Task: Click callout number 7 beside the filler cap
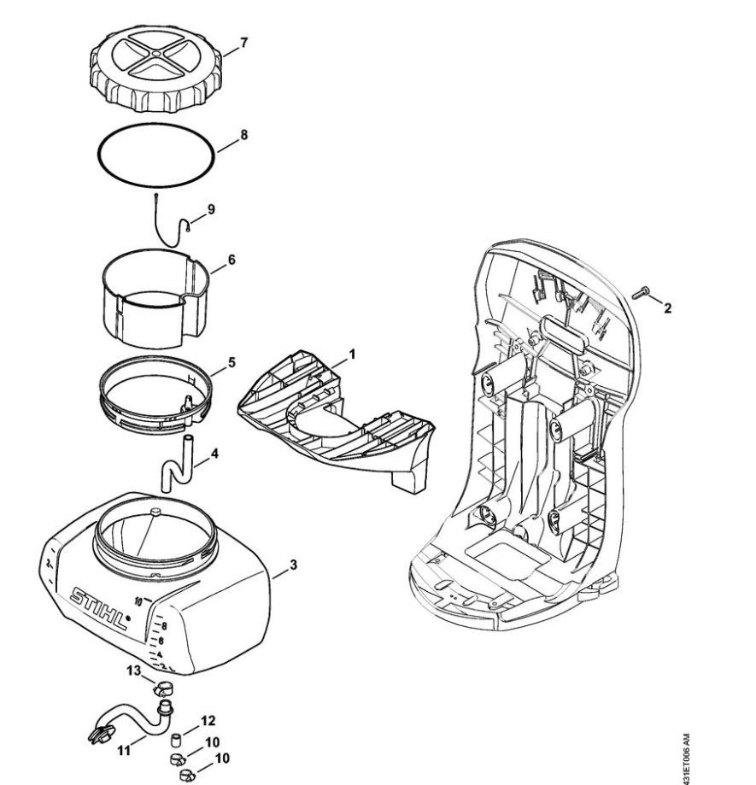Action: (245, 42)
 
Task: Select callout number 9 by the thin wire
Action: (211, 208)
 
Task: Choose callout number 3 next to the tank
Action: (293, 565)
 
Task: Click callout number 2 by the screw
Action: (666, 305)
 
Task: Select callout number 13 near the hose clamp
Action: (133, 671)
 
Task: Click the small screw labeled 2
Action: (641, 294)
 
